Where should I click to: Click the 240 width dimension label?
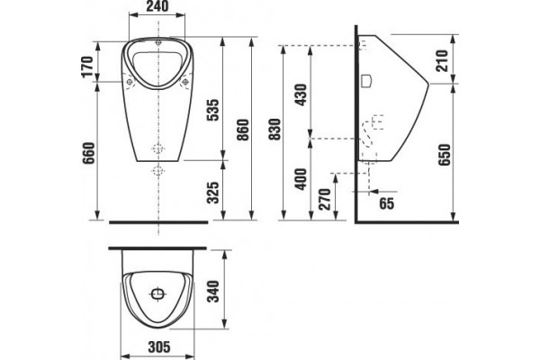tap(157, 6)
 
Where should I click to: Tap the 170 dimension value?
tap(88, 67)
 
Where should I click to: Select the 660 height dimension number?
tap(88, 154)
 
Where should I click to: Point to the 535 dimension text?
tap(213, 110)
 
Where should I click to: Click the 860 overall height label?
tap(243, 130)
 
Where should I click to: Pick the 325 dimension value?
tap(213, 193)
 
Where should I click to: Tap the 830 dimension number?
tap(275, 130)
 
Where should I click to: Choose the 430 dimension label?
tap(301, 94)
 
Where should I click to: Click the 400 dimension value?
tap(301, 179)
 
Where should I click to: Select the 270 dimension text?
tap(325, 199)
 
